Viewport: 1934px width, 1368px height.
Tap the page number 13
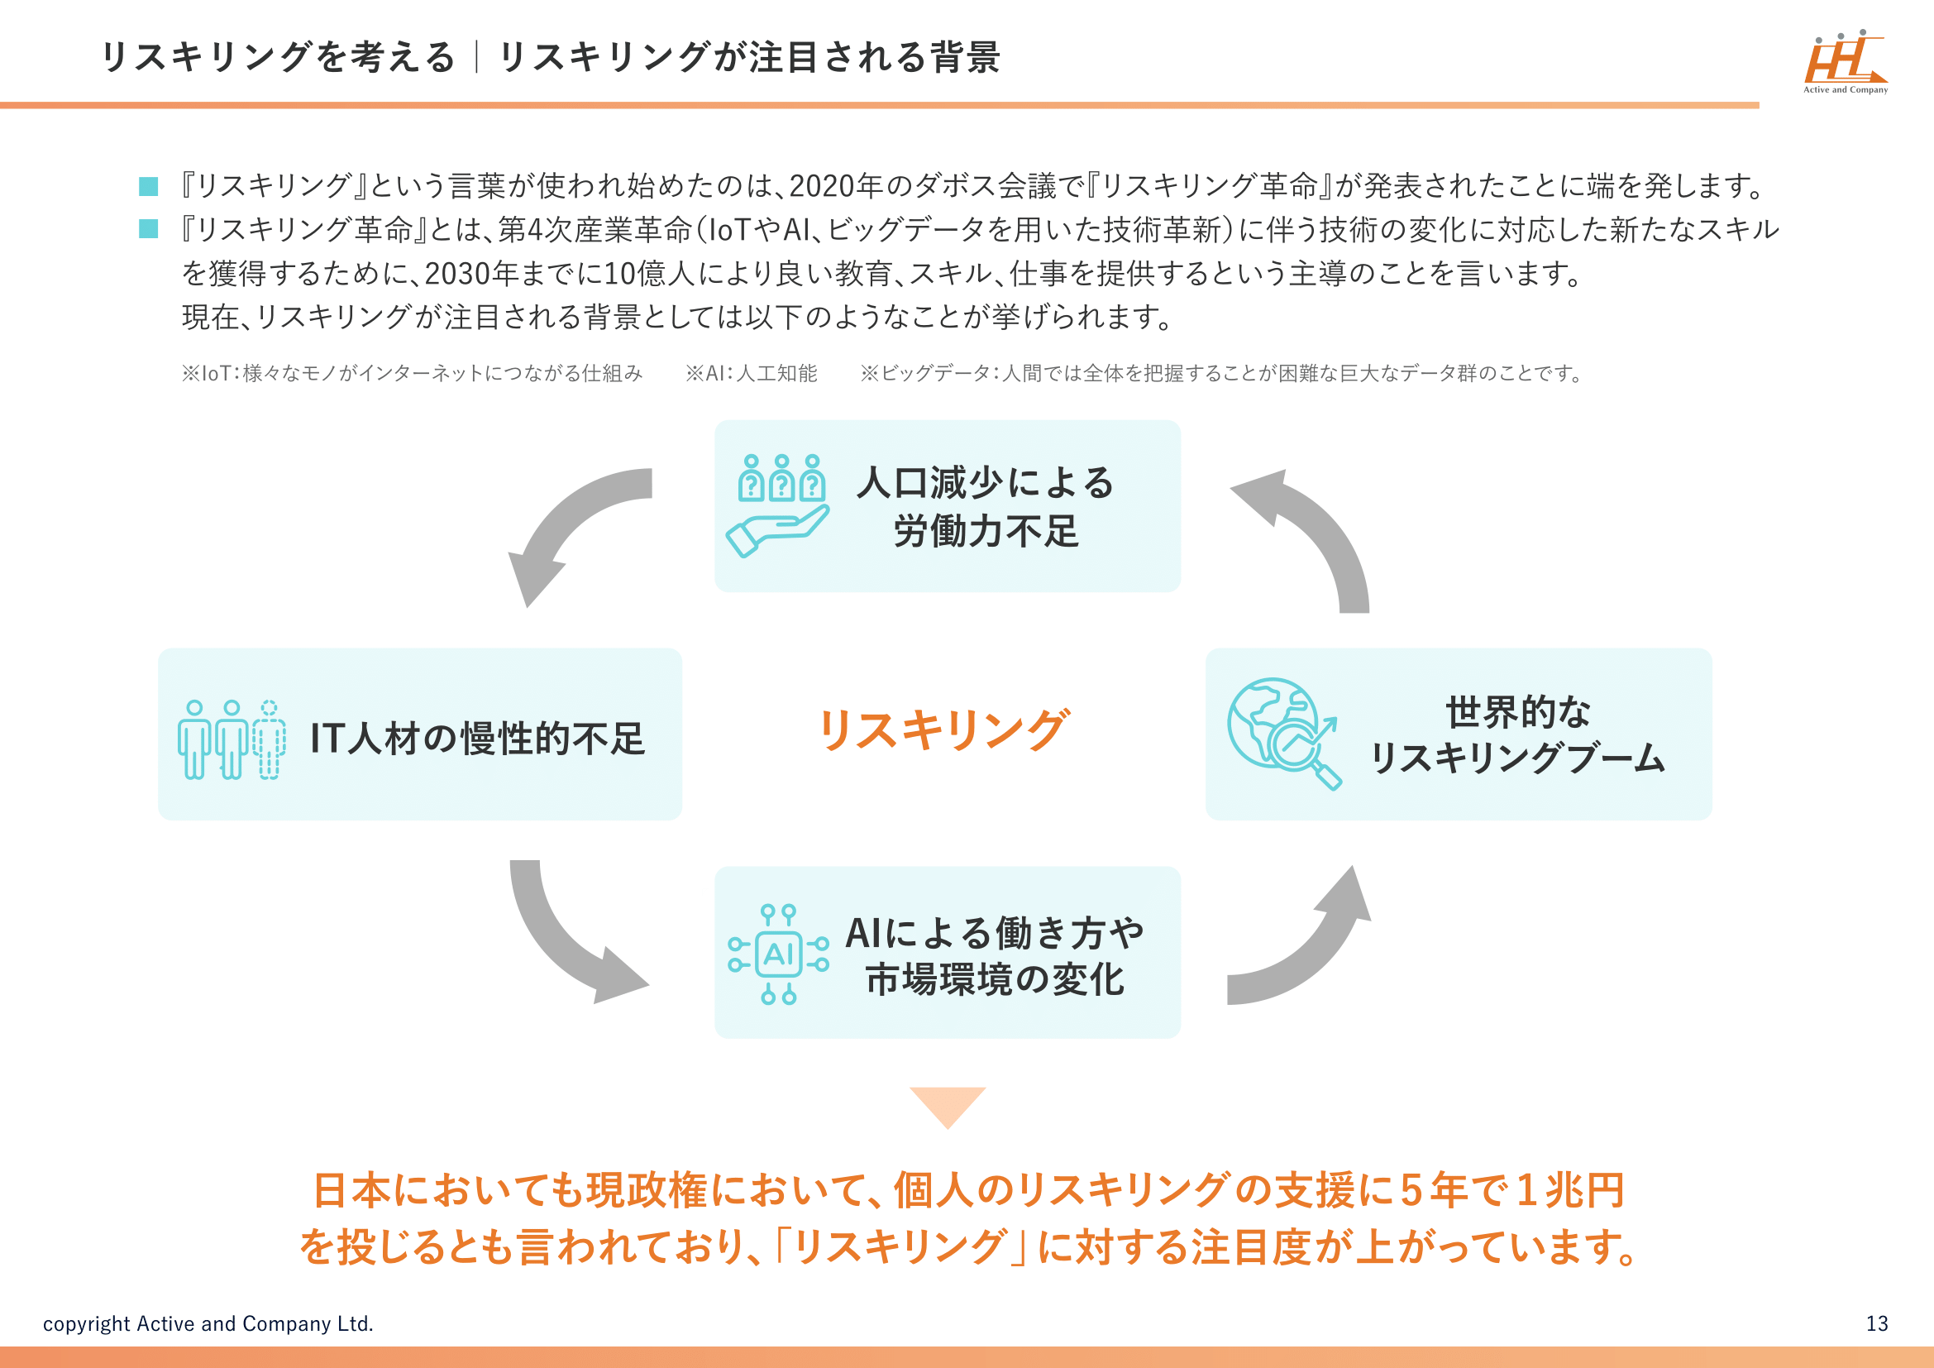point(1877,1323)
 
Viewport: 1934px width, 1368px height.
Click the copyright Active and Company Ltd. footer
point(208,1323)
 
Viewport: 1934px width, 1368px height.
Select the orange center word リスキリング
point(943,729)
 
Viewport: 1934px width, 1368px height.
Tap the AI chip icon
point(778,954)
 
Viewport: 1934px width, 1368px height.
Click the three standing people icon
point(231,739)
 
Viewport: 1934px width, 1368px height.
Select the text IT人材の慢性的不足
point(478,739)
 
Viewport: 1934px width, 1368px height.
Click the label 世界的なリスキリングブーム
point(1518,734)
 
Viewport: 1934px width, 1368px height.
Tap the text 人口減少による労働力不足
point(986,507)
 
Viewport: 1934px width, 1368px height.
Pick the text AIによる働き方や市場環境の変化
point(995,955)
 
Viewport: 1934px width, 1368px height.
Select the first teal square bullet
point(148,186)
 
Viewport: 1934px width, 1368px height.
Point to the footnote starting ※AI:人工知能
point(752,373)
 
